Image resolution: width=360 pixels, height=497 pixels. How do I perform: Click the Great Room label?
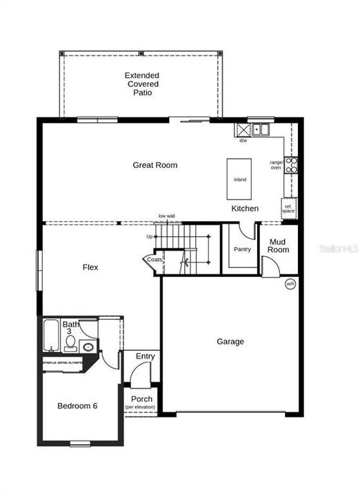155,165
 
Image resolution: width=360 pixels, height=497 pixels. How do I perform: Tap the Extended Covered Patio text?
142,84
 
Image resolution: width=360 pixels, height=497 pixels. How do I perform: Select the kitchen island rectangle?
240,179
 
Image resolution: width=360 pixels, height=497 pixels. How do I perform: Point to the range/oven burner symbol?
291,164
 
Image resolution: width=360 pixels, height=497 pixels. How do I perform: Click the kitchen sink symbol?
261,129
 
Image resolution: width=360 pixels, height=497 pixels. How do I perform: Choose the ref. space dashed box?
288,206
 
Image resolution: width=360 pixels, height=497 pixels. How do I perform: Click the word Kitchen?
245,208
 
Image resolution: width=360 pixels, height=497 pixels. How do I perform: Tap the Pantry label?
242,249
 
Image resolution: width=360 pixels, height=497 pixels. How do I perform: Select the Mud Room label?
279,246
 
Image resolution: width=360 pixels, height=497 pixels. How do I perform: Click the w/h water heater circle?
290,284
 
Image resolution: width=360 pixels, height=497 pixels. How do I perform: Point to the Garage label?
230,341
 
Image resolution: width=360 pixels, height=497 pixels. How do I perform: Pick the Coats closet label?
153,260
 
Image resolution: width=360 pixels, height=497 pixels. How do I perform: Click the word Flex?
90,267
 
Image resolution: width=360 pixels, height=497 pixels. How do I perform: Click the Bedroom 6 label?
77,406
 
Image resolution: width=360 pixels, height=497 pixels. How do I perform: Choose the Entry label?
145,356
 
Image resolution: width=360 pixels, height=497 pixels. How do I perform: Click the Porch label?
141,400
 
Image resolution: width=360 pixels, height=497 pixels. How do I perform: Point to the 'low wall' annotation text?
166,216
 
